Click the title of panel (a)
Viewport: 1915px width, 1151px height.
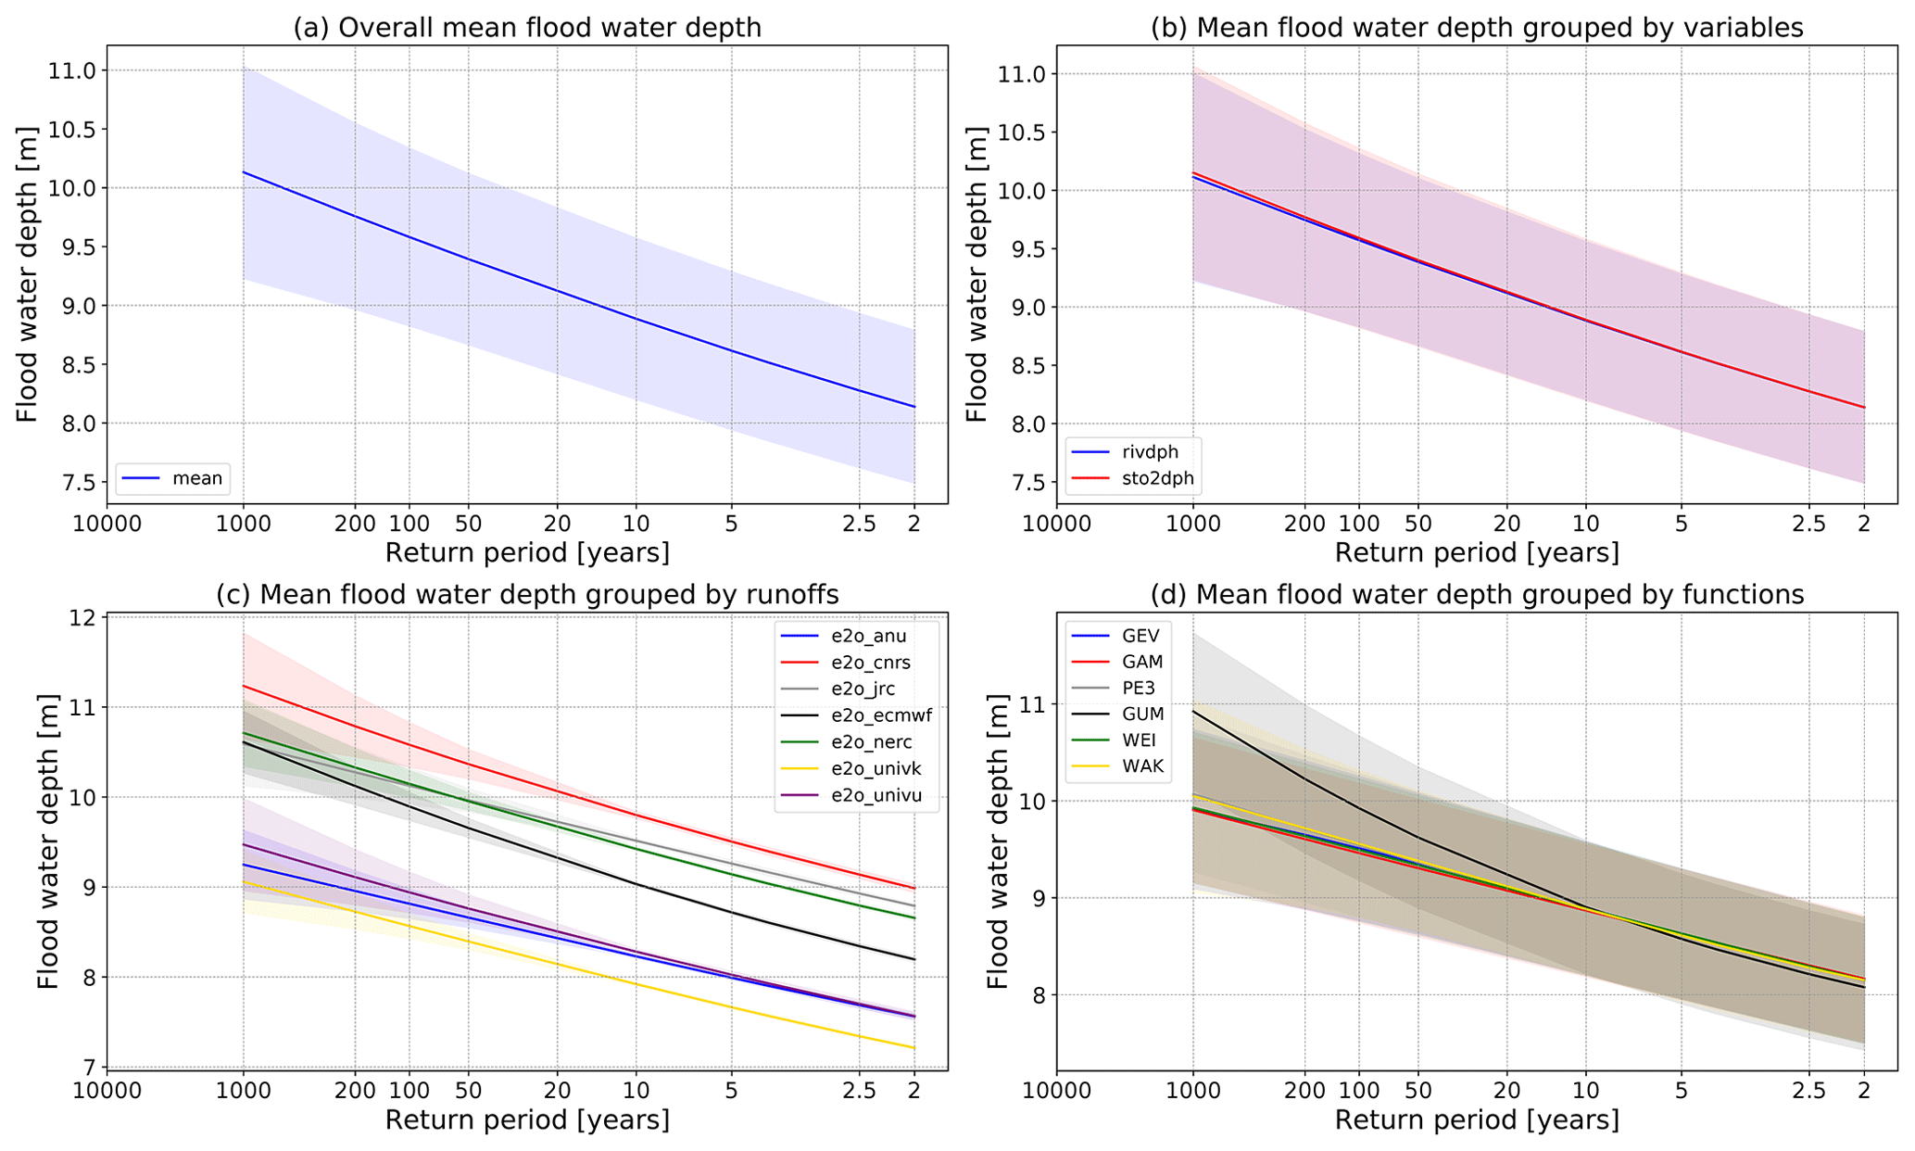(x=527, y=28)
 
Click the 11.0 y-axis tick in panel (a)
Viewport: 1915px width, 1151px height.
(x=78, y=71)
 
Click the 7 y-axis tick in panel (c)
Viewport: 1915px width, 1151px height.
(x=90, y=1068)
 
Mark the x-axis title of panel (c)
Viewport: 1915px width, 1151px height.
(x=527, y=1120)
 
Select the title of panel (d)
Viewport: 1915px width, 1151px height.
(x=1477, y=595)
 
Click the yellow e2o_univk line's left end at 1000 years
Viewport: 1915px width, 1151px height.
(x=244, y=882)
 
